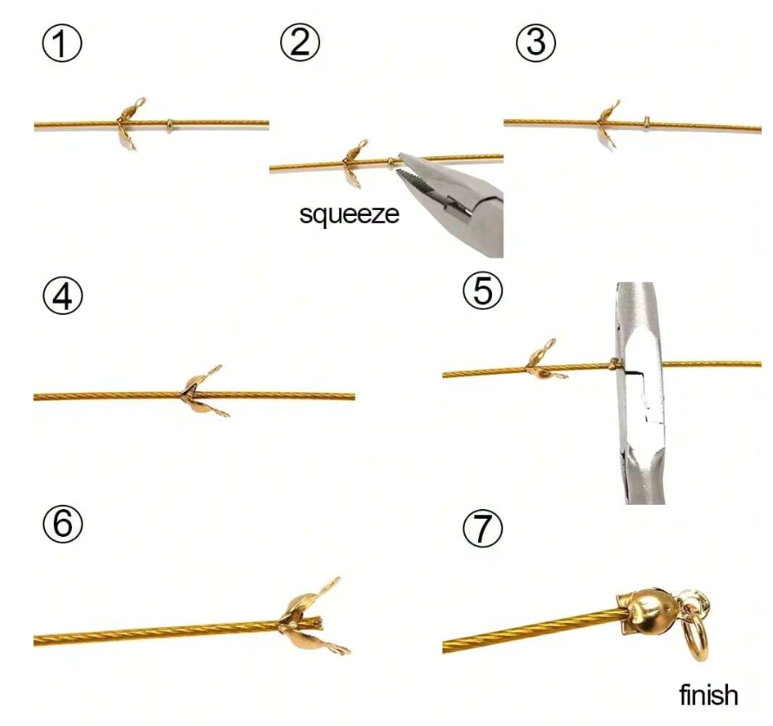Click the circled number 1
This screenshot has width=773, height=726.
pyautogui.click(x=62, y=43)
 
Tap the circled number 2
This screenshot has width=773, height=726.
pyautogui.click(x=300, y=42)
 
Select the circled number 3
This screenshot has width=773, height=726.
pyautogui.click(x=536, y=42)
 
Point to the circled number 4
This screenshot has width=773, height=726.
pyautogui.click(x=62, y=297)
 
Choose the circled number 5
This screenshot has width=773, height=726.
pyautogui.click(x=483, y=291)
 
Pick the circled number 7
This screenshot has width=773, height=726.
pyautogui.click(x=483, y=528)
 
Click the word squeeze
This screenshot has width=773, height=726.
pyautogui.click(x=349, y=214)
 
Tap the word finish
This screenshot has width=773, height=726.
pyautogui.click(x=709, y=695)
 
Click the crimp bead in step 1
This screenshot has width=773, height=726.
pyautogui.click(x=169, y=125)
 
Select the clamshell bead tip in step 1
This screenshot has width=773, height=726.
pyautogui.click(x=130, y=123)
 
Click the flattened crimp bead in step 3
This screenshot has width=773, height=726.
pyautogui.click(x=647, y=123)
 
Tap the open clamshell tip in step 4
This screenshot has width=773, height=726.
pyautogui.click(x=202, y=392)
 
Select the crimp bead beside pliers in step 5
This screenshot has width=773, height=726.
pyautogui.click(x=613, y=363)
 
